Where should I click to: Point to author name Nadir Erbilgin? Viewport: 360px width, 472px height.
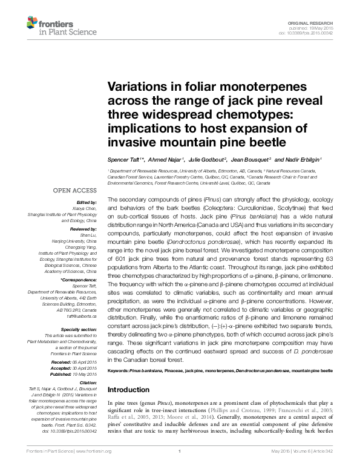tap(300, 160)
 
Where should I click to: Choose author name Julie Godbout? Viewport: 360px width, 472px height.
tap(206, 160)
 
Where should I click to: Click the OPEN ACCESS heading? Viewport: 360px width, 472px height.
tap(76, 190)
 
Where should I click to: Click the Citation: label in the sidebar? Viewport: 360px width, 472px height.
tap(88, 382)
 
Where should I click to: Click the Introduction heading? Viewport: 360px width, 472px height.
tap(129, 390)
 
